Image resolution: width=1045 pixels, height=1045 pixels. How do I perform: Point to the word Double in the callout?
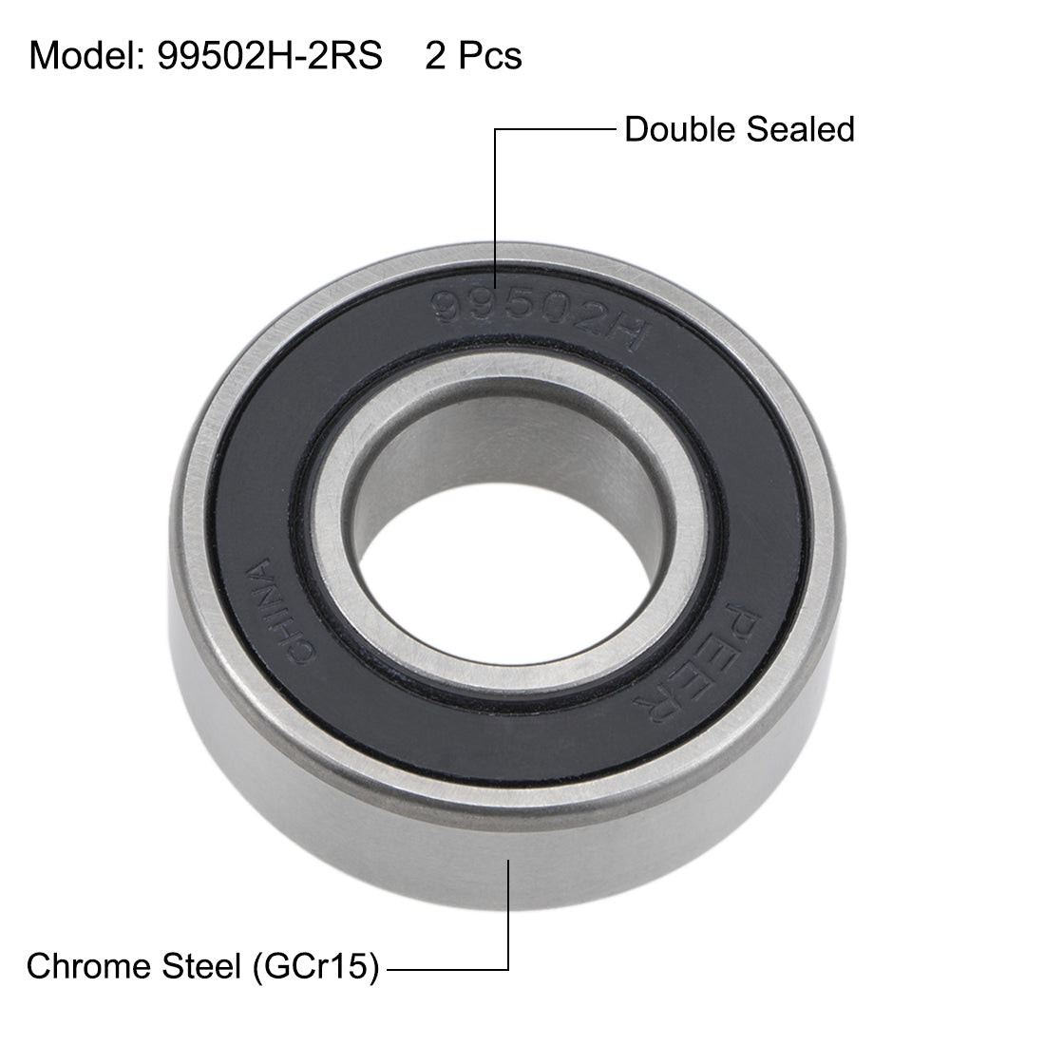(x=678, y=129)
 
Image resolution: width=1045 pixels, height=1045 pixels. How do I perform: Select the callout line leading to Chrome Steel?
(x=446, y=969)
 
